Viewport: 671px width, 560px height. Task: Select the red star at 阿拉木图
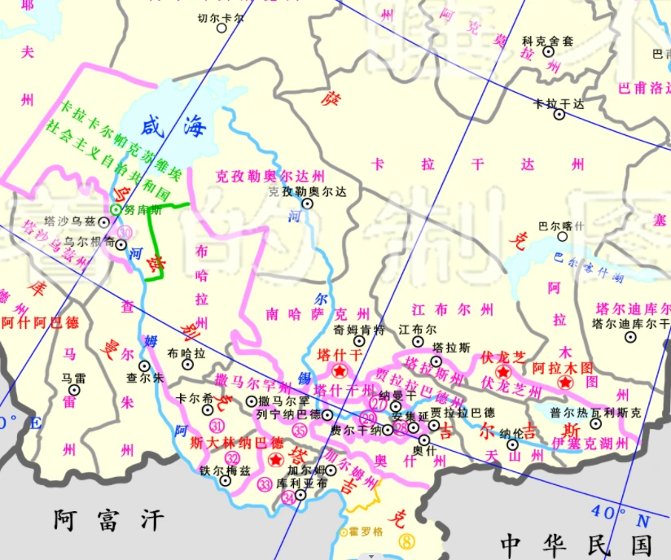click(564, 382)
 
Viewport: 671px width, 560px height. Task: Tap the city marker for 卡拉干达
click(559, 114)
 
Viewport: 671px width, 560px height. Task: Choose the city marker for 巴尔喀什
click(562, 237)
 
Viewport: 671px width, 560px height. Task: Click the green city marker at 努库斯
click(116, 210)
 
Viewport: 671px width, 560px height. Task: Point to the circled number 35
click(300, 431)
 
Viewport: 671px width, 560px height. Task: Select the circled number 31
click(217, 427)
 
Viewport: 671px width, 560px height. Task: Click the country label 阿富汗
click(109, 518)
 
